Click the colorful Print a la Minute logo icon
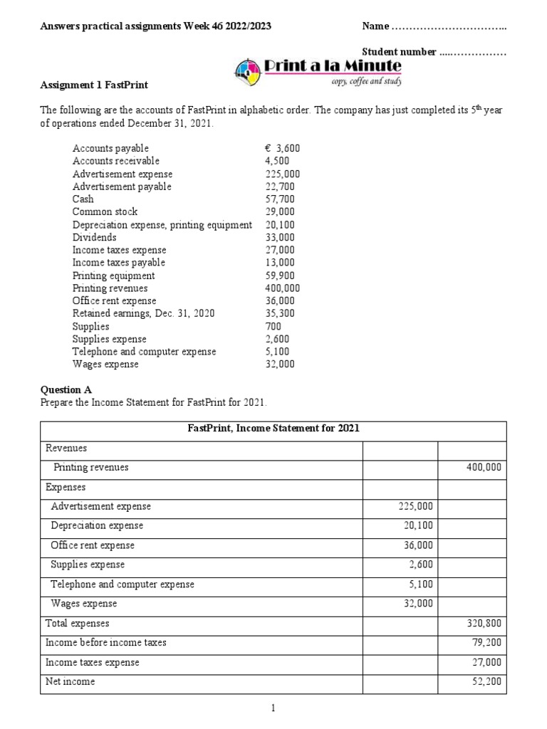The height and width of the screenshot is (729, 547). click(247, 70)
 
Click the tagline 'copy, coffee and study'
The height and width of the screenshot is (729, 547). click(366, 82)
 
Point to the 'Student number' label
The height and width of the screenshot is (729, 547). click(399, 53)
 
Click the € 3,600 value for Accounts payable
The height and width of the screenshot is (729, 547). click(282, 148)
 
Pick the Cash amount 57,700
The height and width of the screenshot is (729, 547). click(279, 199)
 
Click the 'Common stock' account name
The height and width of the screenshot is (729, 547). click(105, 212)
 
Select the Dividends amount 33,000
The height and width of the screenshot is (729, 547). click(279, 238)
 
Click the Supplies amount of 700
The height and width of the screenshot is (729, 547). click(272, 327)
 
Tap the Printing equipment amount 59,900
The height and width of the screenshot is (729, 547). click(279, 276)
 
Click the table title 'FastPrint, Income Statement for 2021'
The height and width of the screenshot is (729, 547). click(273, 429)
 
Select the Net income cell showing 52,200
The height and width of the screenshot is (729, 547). click(484, 681)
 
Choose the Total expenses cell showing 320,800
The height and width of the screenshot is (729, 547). click(483, 623)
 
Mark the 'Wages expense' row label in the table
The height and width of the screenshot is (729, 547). click(83, 604)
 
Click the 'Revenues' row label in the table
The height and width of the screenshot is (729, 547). click(66, 449)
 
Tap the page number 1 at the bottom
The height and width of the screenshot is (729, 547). click(273, 708)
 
